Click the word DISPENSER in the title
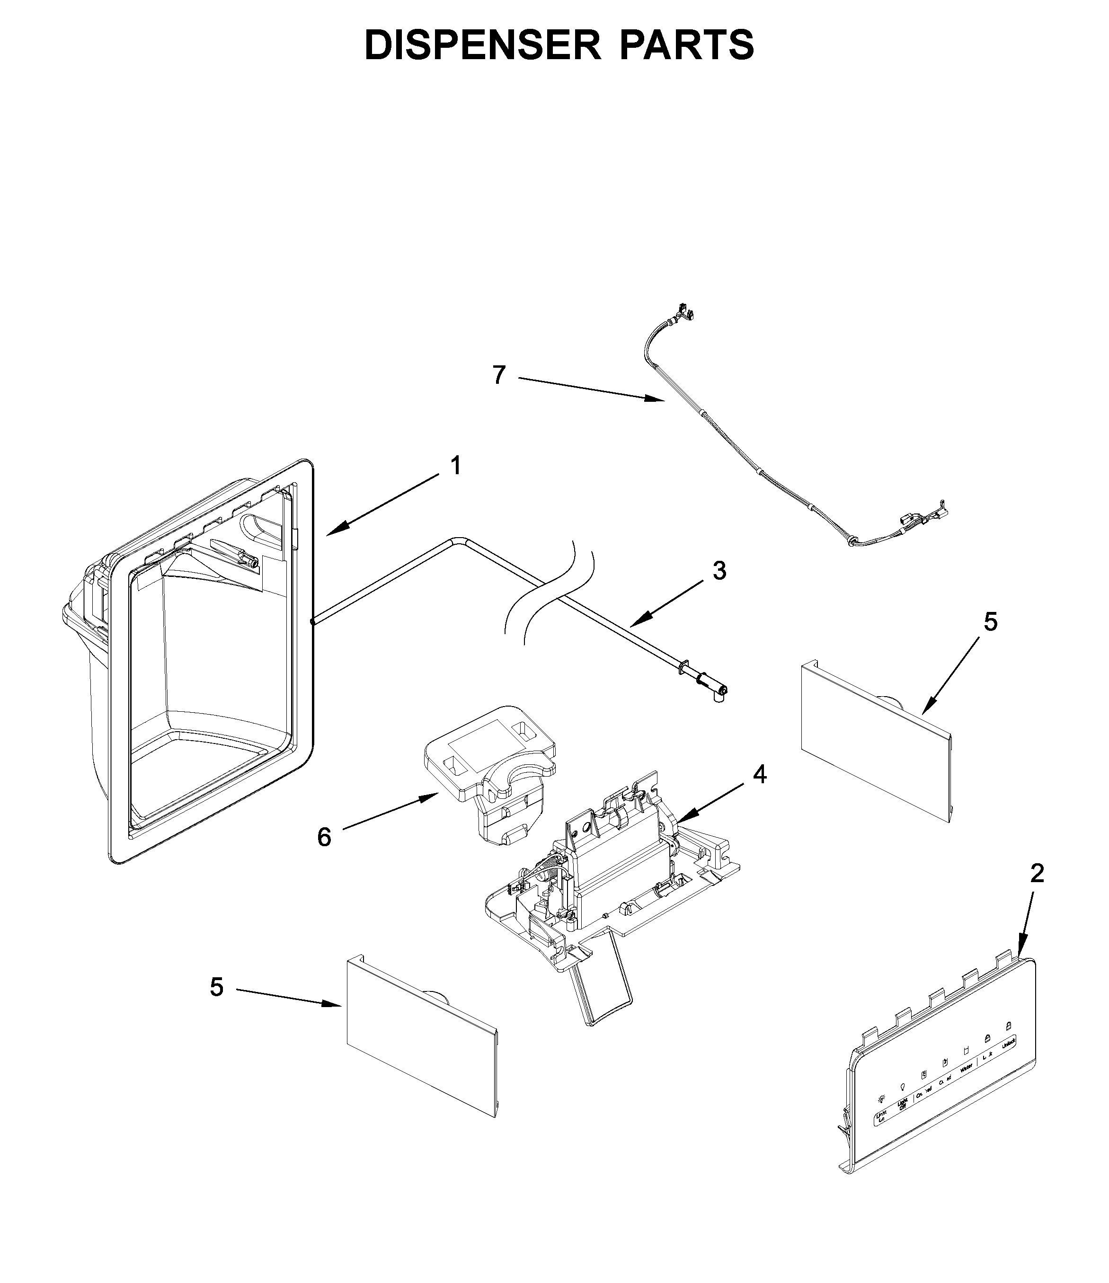click(x=482, y=45)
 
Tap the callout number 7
click(x=499, y=375)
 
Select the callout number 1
click(x=456, y=466)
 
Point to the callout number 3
click(x=719, y=571)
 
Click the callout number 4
click(x=760, y=774)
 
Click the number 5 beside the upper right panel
click(x=991, y=622)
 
